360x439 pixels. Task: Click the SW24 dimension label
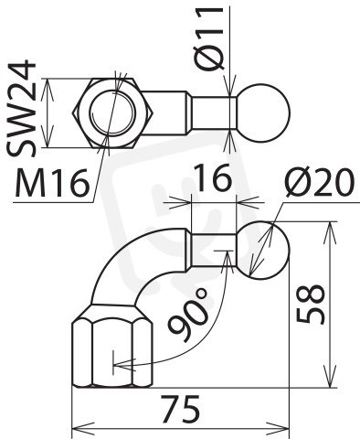(x=21, y=109)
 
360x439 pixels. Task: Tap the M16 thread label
(x=52, y=183)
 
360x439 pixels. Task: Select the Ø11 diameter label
(x=209, y=37)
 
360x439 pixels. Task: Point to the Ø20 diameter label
(x=319, y=182)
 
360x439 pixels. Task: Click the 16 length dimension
(x=213, y=177)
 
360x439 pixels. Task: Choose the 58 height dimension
(x=312, y=304)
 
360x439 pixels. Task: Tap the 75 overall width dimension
(x=180, y=409)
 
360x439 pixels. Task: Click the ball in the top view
(x=263, y=112)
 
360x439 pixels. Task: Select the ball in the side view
(x=263, y=250)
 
